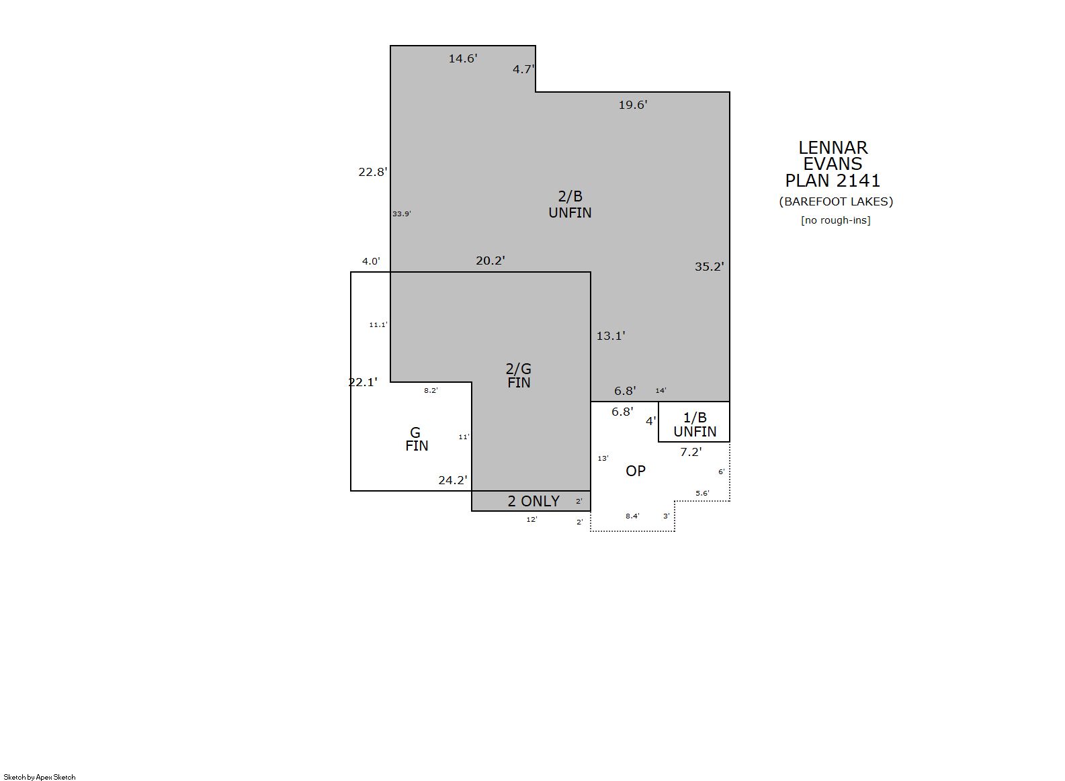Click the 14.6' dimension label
tap(462, 58)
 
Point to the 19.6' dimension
tap(633, 105)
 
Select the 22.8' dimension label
tap(373, 172)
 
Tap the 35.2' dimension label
tap(710, 267)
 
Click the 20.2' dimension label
tap(491, 261)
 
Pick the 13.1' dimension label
tap(611, 336)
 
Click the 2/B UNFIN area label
tap(570, 204)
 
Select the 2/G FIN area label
tap(519, 376)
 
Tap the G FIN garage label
tap(417, 439)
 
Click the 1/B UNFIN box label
tap(695, 424)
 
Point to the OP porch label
tap(636, 471)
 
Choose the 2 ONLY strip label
tap(534, 501)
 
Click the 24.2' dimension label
tap(453, 480)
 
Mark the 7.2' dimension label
tap(691, 452)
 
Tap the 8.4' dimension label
tap(632, 516)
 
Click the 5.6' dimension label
tap(702, 493)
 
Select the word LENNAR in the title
tap(833, 148)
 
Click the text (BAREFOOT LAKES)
tap(836, 201)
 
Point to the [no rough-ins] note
tap(836, 220)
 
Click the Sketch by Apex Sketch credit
tap(40, 777)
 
